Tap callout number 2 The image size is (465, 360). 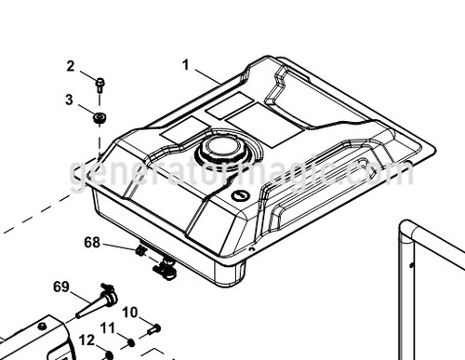70,66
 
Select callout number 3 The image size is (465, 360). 70,99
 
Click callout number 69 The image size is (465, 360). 61,287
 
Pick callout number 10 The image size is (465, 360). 129,312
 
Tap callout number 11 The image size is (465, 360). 108,327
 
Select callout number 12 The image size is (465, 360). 86,340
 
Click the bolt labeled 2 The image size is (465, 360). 100,85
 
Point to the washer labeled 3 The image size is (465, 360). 100,116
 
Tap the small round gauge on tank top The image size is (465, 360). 240,196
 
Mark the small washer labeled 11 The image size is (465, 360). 131,342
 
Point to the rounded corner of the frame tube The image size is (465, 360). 406,229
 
